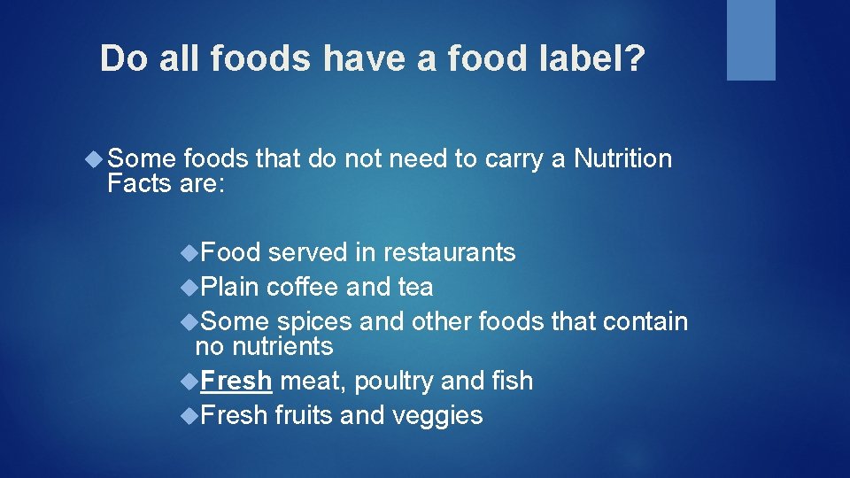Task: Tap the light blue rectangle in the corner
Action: pos(751,40)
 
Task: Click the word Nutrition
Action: pos(622,158)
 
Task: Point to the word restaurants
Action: pos(449,252)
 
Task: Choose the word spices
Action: pos(313,321)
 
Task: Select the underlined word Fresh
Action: pos(236,381)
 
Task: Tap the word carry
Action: pos(517,160)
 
